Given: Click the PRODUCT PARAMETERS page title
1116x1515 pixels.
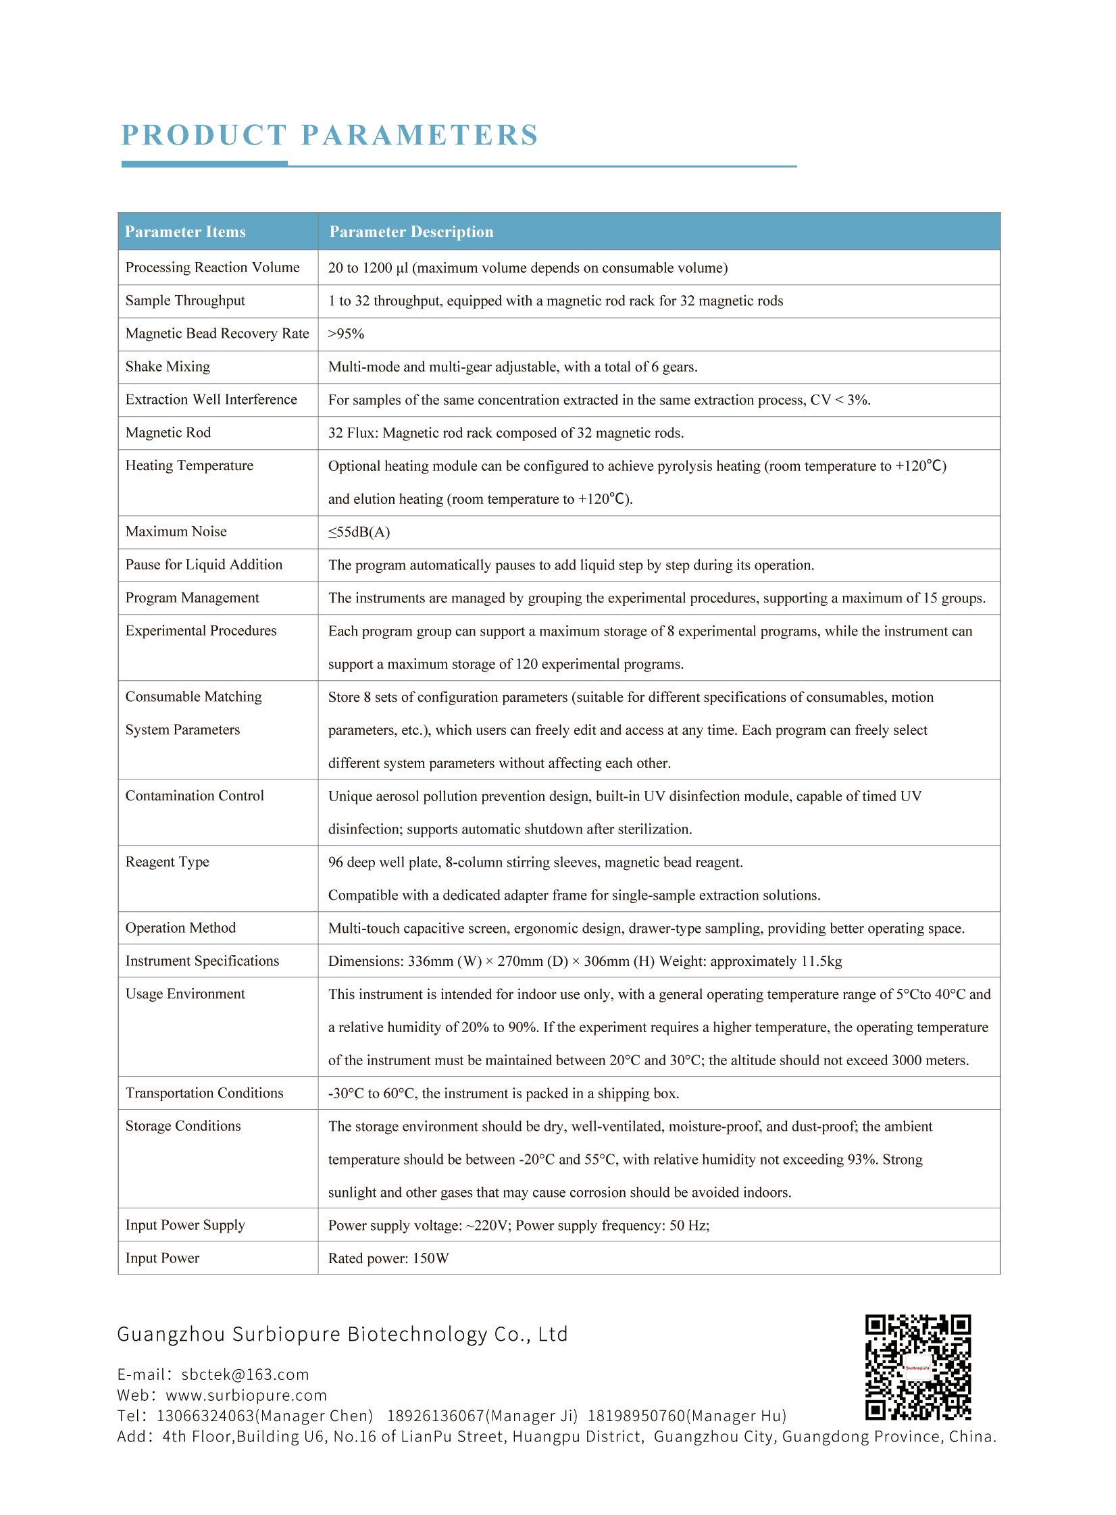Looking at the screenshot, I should tap(330, 135).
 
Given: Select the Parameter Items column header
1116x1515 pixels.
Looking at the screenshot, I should tap(185, 232).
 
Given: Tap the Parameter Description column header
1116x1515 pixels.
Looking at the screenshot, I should tap(411, 232).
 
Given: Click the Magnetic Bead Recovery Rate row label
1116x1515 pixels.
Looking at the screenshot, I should tap(217, 334).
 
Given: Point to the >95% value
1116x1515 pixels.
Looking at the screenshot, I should tap(346, 334).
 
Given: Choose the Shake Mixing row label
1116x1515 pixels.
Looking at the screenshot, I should tap(168, 367).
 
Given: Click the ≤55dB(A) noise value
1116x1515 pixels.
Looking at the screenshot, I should tap(359, 532).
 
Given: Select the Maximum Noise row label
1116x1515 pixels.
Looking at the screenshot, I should tap(176, 532).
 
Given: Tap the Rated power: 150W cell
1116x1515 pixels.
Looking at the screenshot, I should tap(388, 1258).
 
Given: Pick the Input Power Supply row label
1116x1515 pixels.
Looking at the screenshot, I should tap(185, 1225).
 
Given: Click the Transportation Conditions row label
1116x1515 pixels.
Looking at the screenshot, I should tap(204, 1093).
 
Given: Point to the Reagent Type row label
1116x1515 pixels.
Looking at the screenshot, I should tap(167, 862).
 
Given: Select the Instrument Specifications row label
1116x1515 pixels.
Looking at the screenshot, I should tap(202, 961).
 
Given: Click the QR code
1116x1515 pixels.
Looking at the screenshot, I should tap(918, 1367).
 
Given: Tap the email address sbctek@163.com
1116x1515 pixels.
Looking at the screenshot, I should tap(245, 1375).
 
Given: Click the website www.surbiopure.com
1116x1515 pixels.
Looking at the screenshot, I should tap(246, 1395).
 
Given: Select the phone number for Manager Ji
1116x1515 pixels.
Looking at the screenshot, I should tap(482, 1416).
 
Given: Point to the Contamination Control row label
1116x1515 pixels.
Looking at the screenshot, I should tap(195, 796).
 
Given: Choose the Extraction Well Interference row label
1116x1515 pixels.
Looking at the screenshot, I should tap(211, 400).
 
